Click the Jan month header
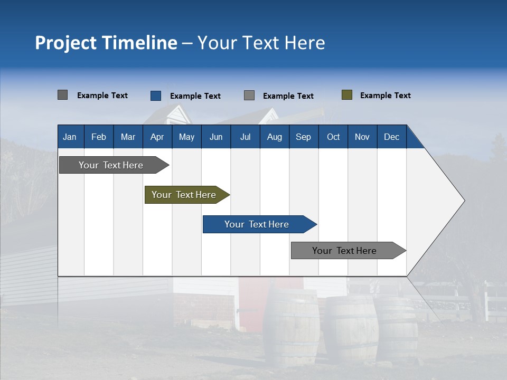[70, 137]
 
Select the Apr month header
[157, 137]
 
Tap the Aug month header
[274, 137]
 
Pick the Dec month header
[391, 137]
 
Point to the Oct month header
[333, 137]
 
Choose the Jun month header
[215, 137]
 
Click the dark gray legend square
[62, 95]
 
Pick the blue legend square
[156, 96]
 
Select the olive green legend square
[346, 95]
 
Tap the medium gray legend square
[249, 96]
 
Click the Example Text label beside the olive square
[385, 96]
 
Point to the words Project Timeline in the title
[106, 43]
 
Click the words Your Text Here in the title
[261, 43]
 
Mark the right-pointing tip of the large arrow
[463, 201]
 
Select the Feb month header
[99, 137]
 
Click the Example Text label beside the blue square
[195, 96]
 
